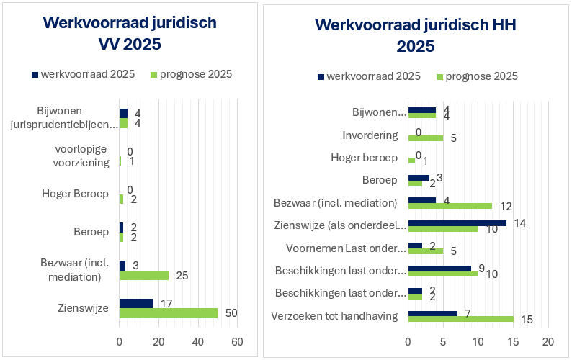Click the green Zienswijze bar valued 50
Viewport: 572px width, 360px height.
[168, 313]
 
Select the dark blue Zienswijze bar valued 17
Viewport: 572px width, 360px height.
[135, 303]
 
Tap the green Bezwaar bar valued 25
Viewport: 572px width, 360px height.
[143, 275]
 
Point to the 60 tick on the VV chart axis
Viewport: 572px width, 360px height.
[237, 341]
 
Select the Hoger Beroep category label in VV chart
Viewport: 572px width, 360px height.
[75, 194]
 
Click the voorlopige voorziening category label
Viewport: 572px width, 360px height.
[81, 156]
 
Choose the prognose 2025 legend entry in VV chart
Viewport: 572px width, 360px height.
[191, 74]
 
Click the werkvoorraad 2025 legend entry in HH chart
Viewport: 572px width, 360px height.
[368, 76]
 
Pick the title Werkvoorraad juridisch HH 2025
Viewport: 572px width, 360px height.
[416, 37]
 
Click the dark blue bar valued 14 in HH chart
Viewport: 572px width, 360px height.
[457, 223]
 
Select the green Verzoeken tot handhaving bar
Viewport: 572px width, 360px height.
[460, 319]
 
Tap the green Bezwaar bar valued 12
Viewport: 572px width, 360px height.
[450, 206]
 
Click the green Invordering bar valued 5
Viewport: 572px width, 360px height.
[426, 138]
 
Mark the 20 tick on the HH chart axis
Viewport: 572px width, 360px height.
[548, 341]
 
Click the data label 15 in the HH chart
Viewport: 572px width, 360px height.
[527, 319]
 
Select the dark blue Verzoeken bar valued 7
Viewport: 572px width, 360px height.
[432, 313]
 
